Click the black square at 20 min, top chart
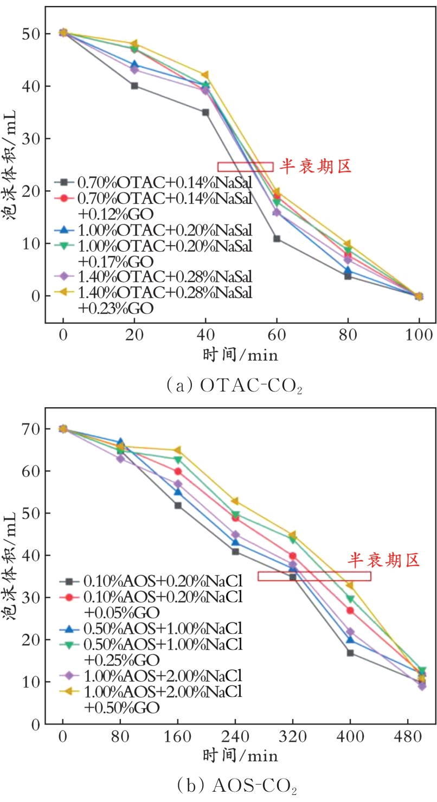(134, 86)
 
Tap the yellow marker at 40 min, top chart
(205, 75)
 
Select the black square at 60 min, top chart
(277, 239)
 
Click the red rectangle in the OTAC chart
(245, 166)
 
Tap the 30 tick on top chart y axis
(33, 139)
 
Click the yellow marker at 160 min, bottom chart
(178, 450)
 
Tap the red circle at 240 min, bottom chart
(235, 518)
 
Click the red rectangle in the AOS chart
(314, 576)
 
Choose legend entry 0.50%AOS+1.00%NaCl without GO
(162, 628)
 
